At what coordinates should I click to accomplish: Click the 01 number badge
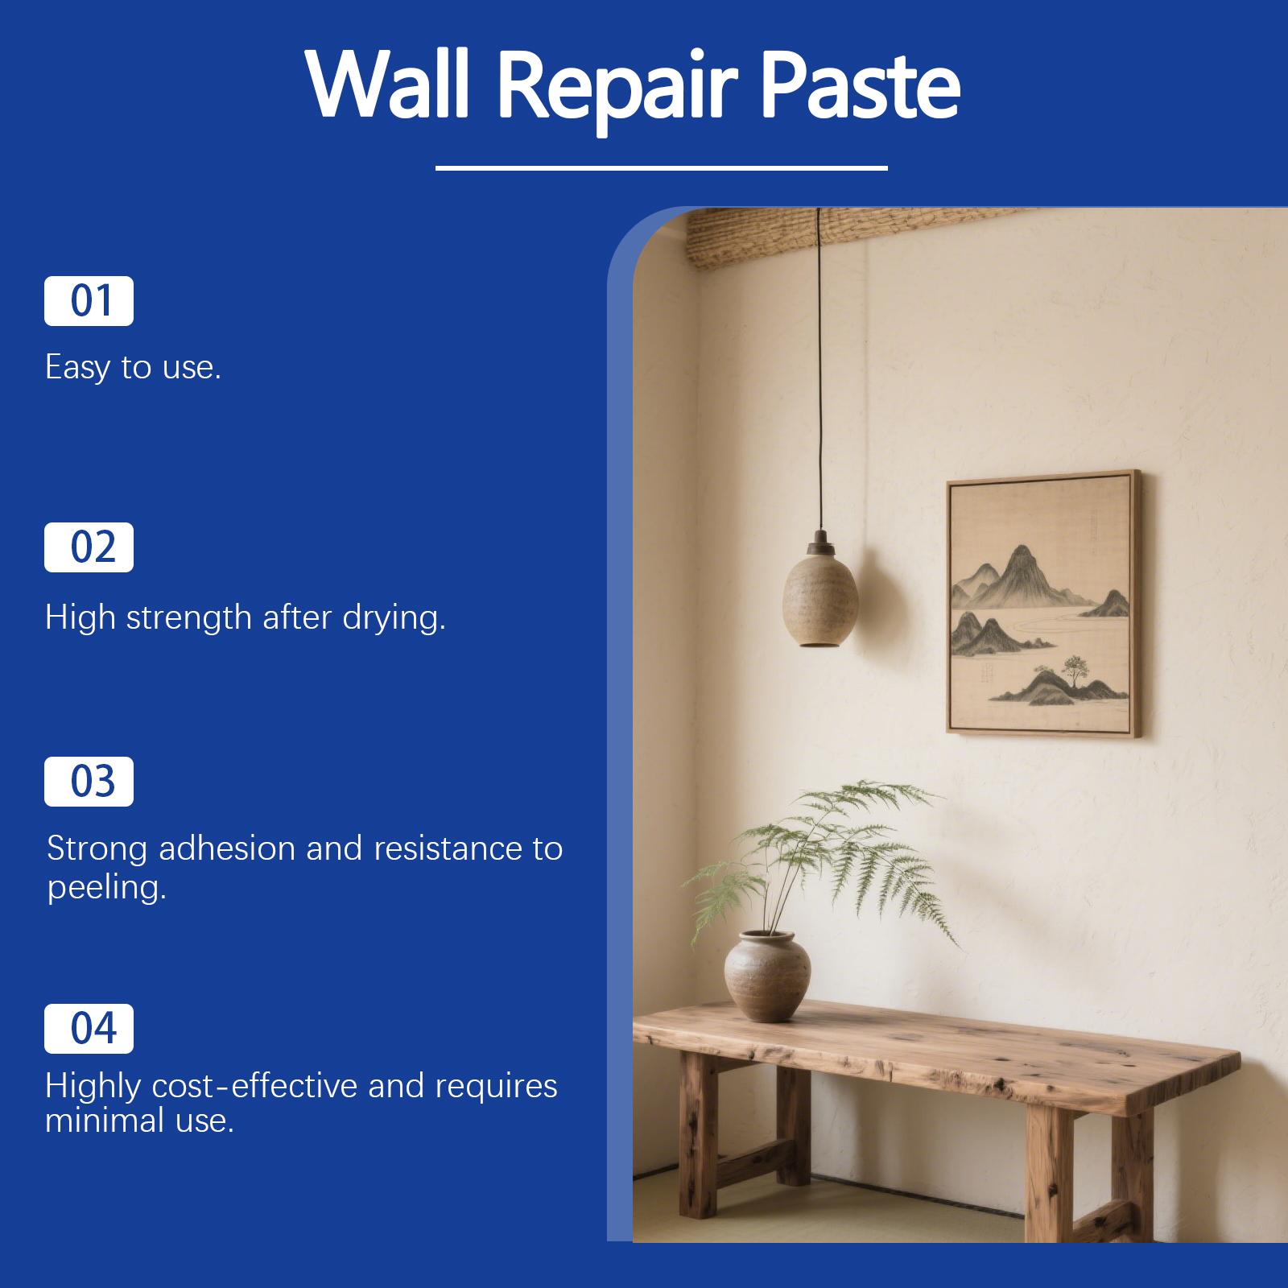coord(89,301)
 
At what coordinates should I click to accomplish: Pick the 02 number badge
coord(89,547)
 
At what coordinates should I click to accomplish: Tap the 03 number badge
coord(89,782)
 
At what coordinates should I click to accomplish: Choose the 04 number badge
coord(89,1029)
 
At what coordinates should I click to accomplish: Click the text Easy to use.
coord(133,368)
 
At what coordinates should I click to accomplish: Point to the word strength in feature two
coord(188,618)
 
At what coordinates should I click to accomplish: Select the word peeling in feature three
coord(105,888)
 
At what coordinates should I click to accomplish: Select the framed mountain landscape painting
coord(1043,602)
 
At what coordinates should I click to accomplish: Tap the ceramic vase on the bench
coord(767,975)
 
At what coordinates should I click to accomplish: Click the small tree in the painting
coord(1072,667)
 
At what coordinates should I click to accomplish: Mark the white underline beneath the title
coord(661,168)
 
